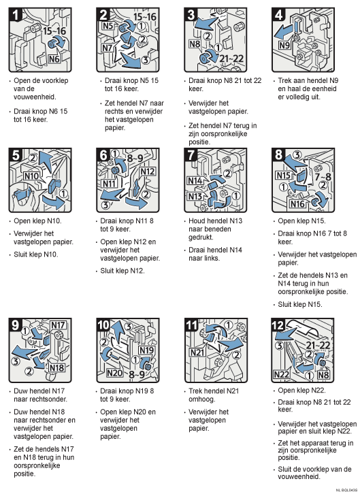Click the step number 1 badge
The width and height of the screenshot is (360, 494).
(x=15, y=15)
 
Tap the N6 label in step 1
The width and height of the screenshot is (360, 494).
(x=54, y=59)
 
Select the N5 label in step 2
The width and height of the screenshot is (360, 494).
(x=108, y=26)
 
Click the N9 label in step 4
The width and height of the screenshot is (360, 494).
(x=284, y=45)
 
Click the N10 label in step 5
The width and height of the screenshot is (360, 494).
(x=31, y=176)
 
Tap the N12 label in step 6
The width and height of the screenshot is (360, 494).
(x=148, y=171)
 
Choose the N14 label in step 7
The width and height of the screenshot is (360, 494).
(x=195, y=180)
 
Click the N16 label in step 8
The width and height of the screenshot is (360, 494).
(x=297, y=204)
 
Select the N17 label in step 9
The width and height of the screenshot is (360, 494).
(x=58, y=325)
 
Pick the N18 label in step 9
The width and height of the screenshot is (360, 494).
(x=56, y=367)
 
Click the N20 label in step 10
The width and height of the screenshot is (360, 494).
(x=114, y=373)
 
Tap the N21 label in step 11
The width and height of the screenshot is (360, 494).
(x=197, y=352)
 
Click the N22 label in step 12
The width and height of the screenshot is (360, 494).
(x=281, y=374)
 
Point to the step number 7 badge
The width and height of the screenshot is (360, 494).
(x=191, y=155)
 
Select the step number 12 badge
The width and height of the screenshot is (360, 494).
(x=278, y=325)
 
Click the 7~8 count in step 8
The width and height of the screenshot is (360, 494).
(x=323, y=176)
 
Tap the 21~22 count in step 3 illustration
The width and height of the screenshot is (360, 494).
(x=231, y=59)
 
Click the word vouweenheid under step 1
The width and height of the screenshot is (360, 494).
(x=35, y=97)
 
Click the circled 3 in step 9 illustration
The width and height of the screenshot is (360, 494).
(x=16, y=361)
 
